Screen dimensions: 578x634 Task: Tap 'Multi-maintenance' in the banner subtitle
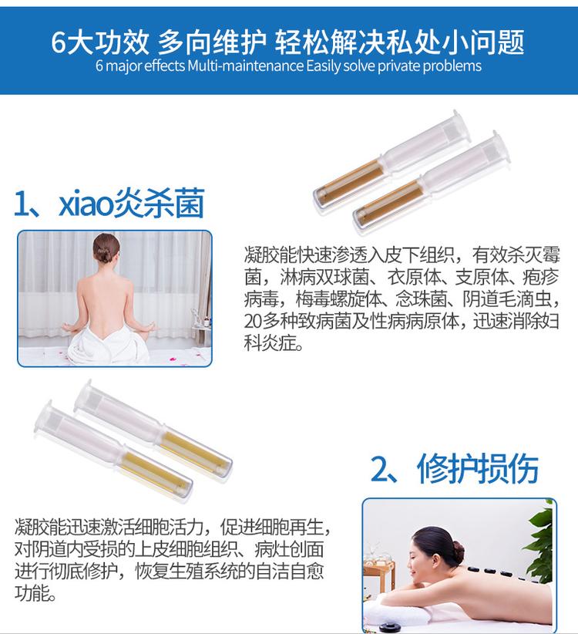[x=246, y=66]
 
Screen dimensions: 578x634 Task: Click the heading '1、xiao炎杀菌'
[x=109, y=203]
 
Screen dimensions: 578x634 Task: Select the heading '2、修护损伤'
[x=455, y=468]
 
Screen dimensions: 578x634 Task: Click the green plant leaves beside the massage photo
[x=540, y=534]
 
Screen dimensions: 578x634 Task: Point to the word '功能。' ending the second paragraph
[x=35, y=593]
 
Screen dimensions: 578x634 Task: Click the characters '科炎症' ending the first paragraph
[x=273, y=344]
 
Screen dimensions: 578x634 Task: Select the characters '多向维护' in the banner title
[x=211, y=42]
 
